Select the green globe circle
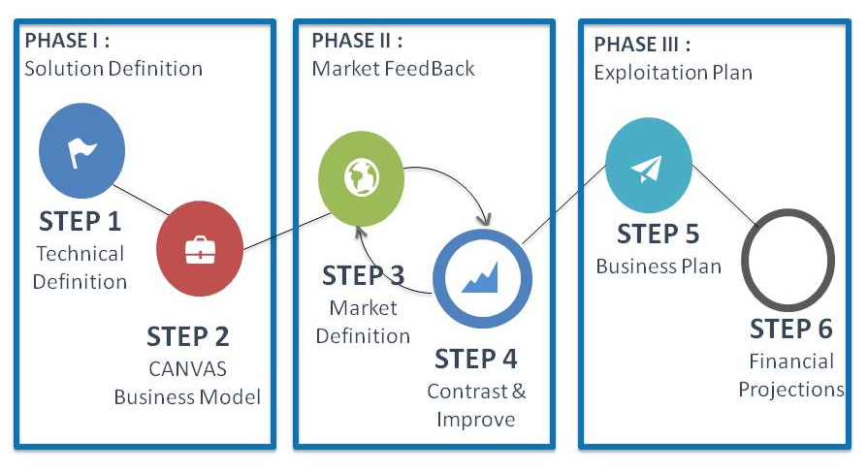click(361, 176)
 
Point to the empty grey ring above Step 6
click(788, 261)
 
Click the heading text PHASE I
click(66, 41)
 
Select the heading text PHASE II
click(357, 41)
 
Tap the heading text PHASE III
click(642, 45)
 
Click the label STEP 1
click(80, 222)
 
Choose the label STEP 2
click(188, 336)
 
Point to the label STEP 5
click(659, 235)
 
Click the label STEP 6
click(791, 329)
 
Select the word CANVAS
click(187, 369)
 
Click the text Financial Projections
click(791, 375)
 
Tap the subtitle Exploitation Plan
click(673, 73)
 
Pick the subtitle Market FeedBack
click(394, 69)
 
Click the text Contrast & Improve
click(476, 405)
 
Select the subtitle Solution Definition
click(113, 69)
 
